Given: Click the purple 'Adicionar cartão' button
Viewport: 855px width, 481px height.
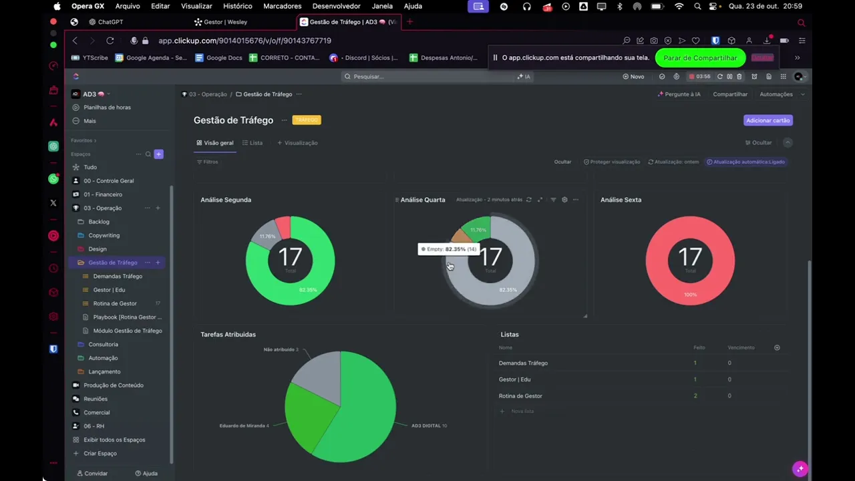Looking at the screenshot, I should [767, 120].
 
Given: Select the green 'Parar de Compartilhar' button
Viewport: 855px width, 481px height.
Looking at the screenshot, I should [700, 58].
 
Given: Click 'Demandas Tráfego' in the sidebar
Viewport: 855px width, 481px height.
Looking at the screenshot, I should [118, 276].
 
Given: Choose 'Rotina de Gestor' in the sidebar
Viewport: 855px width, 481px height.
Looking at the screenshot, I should [115, 303].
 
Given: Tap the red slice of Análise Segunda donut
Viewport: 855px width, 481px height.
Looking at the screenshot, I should [283, 226].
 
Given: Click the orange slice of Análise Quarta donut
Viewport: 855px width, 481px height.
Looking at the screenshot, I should [460, 235].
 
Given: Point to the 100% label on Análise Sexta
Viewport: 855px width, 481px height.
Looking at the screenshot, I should [690, 295].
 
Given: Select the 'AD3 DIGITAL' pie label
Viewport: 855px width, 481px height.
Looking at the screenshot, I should [429, 426].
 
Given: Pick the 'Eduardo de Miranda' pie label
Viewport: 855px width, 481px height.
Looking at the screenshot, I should [244, 426].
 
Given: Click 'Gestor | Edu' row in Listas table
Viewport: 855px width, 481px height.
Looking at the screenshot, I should [514, 379].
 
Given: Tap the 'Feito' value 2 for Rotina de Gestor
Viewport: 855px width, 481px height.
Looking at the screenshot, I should [695, 395].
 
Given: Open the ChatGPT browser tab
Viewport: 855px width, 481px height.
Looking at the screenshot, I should [110, 22].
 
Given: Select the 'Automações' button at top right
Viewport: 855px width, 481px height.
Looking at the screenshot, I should [776, 94].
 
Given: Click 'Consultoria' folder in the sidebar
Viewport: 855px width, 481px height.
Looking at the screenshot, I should [103, 344].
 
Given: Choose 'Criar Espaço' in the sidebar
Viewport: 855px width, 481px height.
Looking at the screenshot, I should [100, 453].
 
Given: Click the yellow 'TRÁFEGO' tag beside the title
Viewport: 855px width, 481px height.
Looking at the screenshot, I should [307, 120].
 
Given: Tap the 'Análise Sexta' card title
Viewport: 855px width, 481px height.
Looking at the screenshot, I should [621, 200].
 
